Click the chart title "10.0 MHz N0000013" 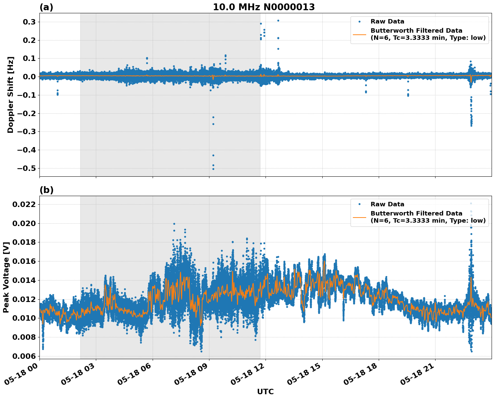tap(264, 7)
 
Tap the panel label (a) tap(46, 7)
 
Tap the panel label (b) tap(46, 190)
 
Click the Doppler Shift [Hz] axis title tap(11, 95)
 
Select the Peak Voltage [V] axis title tap(6, 277)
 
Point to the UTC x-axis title tap(265, 392)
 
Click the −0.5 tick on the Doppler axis tap(26, 169)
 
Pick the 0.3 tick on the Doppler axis tap(29, 22)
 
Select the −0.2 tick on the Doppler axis tap(26, 113)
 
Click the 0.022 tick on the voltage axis tap(24, 205)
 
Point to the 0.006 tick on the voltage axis tap(24, 356)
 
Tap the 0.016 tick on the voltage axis tap(24, 261)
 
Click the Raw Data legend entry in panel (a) tap(387, 21)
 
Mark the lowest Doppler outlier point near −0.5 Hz tap(213, 169)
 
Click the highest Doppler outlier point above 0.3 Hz tap(278, 20)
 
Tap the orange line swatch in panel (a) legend tap(359, 34)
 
